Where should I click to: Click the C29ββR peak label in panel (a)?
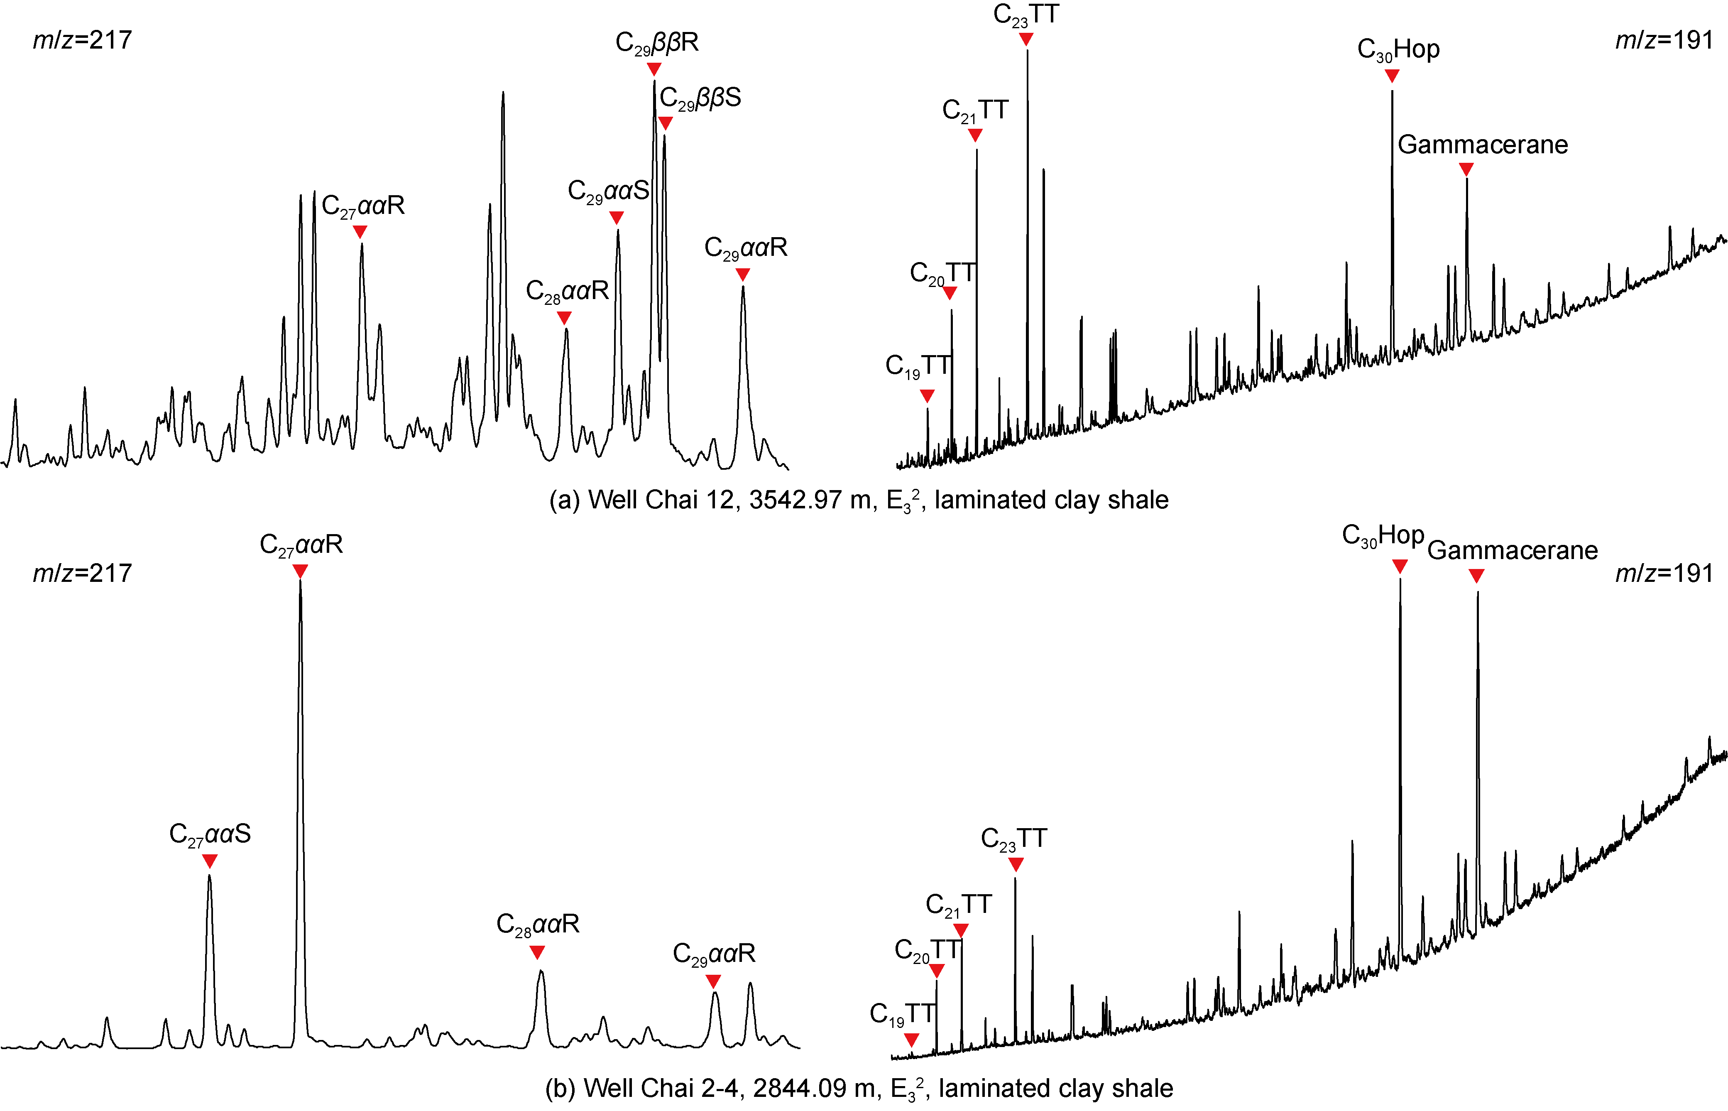656,42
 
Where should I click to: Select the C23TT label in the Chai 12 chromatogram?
1026,15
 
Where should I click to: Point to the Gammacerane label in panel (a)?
1482,145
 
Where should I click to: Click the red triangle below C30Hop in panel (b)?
1399,567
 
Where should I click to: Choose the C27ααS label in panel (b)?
210,834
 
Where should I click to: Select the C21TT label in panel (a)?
975,110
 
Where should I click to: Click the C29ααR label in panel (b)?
714,954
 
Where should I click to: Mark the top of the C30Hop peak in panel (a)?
1392,91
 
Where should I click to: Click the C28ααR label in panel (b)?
538,924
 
